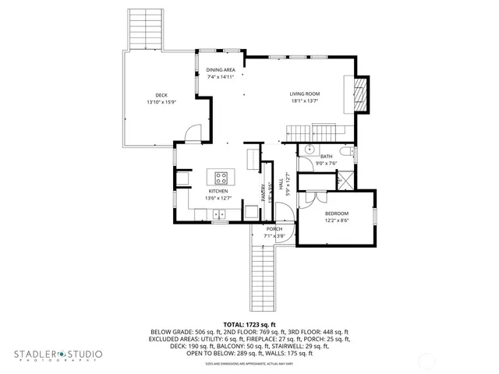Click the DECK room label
click(x=161, y=95)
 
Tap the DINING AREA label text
click(x=221, y=70)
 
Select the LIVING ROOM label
click(x=306, y=93)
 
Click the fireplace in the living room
click(x=359, y=93)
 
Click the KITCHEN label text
click(x=218, y=191)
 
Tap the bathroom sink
click(x=309, y=151)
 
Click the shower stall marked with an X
click(x=342, y=182)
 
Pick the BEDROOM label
click(x=337, y=213)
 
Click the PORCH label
click(x=274, y=229)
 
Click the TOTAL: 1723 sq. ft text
click(x=249, y=323)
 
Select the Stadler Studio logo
click(x=58, y=355)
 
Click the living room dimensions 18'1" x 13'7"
click(x=306, y=101)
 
